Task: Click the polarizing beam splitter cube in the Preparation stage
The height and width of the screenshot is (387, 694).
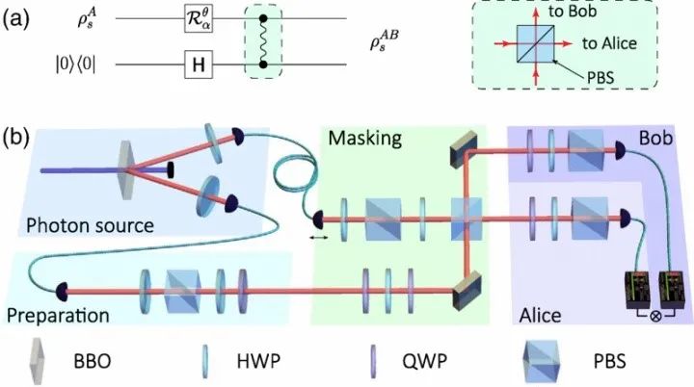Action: coord(180,289)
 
